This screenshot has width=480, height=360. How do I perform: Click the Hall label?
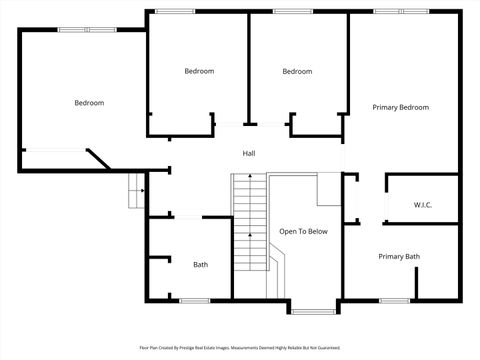[x=249, y=153]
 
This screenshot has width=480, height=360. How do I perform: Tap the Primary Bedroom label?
[x=400, y=107]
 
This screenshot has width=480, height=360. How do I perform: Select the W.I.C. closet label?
[x=423, y=205]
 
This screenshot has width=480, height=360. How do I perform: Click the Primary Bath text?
[x=399, y=257]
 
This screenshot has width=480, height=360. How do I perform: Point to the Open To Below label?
[x=303, y=231]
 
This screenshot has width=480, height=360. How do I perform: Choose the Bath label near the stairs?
[x=201, y=264]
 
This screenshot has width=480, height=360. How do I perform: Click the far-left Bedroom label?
[x=89, y=102]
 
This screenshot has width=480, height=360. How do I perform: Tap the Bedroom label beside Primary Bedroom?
[x=297, y=71]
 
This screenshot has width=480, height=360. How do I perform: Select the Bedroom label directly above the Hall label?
[x=199, y=71]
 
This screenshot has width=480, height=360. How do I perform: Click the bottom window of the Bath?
[x=194, y=300]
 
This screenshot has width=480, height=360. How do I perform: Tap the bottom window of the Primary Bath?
[x=395, y=300]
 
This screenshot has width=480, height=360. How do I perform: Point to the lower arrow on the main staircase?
[x=249, y=238]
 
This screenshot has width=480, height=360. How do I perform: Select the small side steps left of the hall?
[x=135, y=190]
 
